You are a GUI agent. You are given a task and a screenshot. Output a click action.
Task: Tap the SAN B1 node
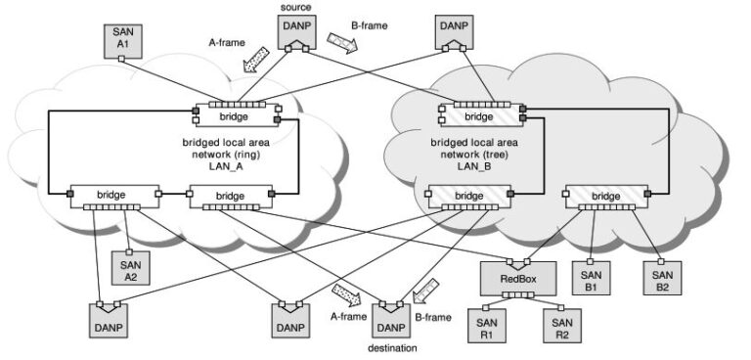coord(591,278)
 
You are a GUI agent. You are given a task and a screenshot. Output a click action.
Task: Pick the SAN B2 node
coord(661,278)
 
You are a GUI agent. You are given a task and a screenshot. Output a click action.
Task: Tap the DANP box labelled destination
coord(390,318)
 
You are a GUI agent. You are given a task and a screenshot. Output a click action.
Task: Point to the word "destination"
coord(391,347)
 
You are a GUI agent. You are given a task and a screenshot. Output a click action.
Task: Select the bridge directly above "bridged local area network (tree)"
coord(478,117)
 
